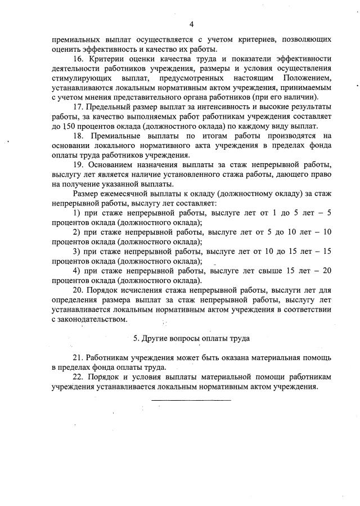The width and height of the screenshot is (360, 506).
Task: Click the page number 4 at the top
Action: tap(191, 24)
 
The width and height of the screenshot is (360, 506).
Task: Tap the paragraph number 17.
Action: tap(79, 107)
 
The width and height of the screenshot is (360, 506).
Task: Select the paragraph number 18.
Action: tap(79, 136)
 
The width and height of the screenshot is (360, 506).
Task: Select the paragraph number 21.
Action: tap(79, 358)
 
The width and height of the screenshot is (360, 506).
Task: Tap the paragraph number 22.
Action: tap(79, 377)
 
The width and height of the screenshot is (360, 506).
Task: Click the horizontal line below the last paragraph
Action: tap(191, 400)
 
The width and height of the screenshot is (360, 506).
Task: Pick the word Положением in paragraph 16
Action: tap(306, 78)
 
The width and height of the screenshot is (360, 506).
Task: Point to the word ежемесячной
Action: tap(123, 194)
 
